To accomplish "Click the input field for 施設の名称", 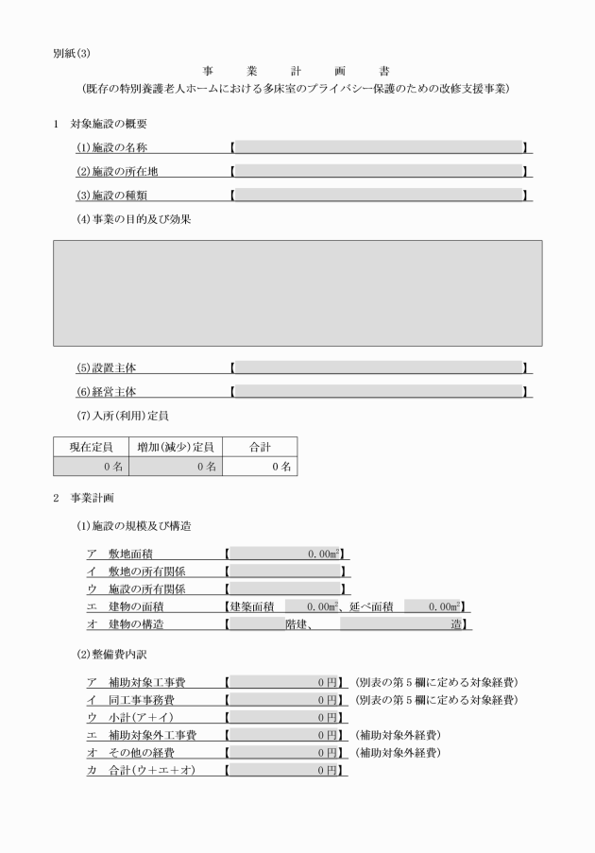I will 378,147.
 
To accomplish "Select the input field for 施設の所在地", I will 378,171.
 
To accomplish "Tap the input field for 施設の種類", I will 378,195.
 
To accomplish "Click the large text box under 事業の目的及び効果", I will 297,293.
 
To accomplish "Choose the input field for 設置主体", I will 378,367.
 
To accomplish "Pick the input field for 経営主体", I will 378,391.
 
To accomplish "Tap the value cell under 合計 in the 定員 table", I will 260,466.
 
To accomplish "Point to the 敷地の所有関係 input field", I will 285,571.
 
